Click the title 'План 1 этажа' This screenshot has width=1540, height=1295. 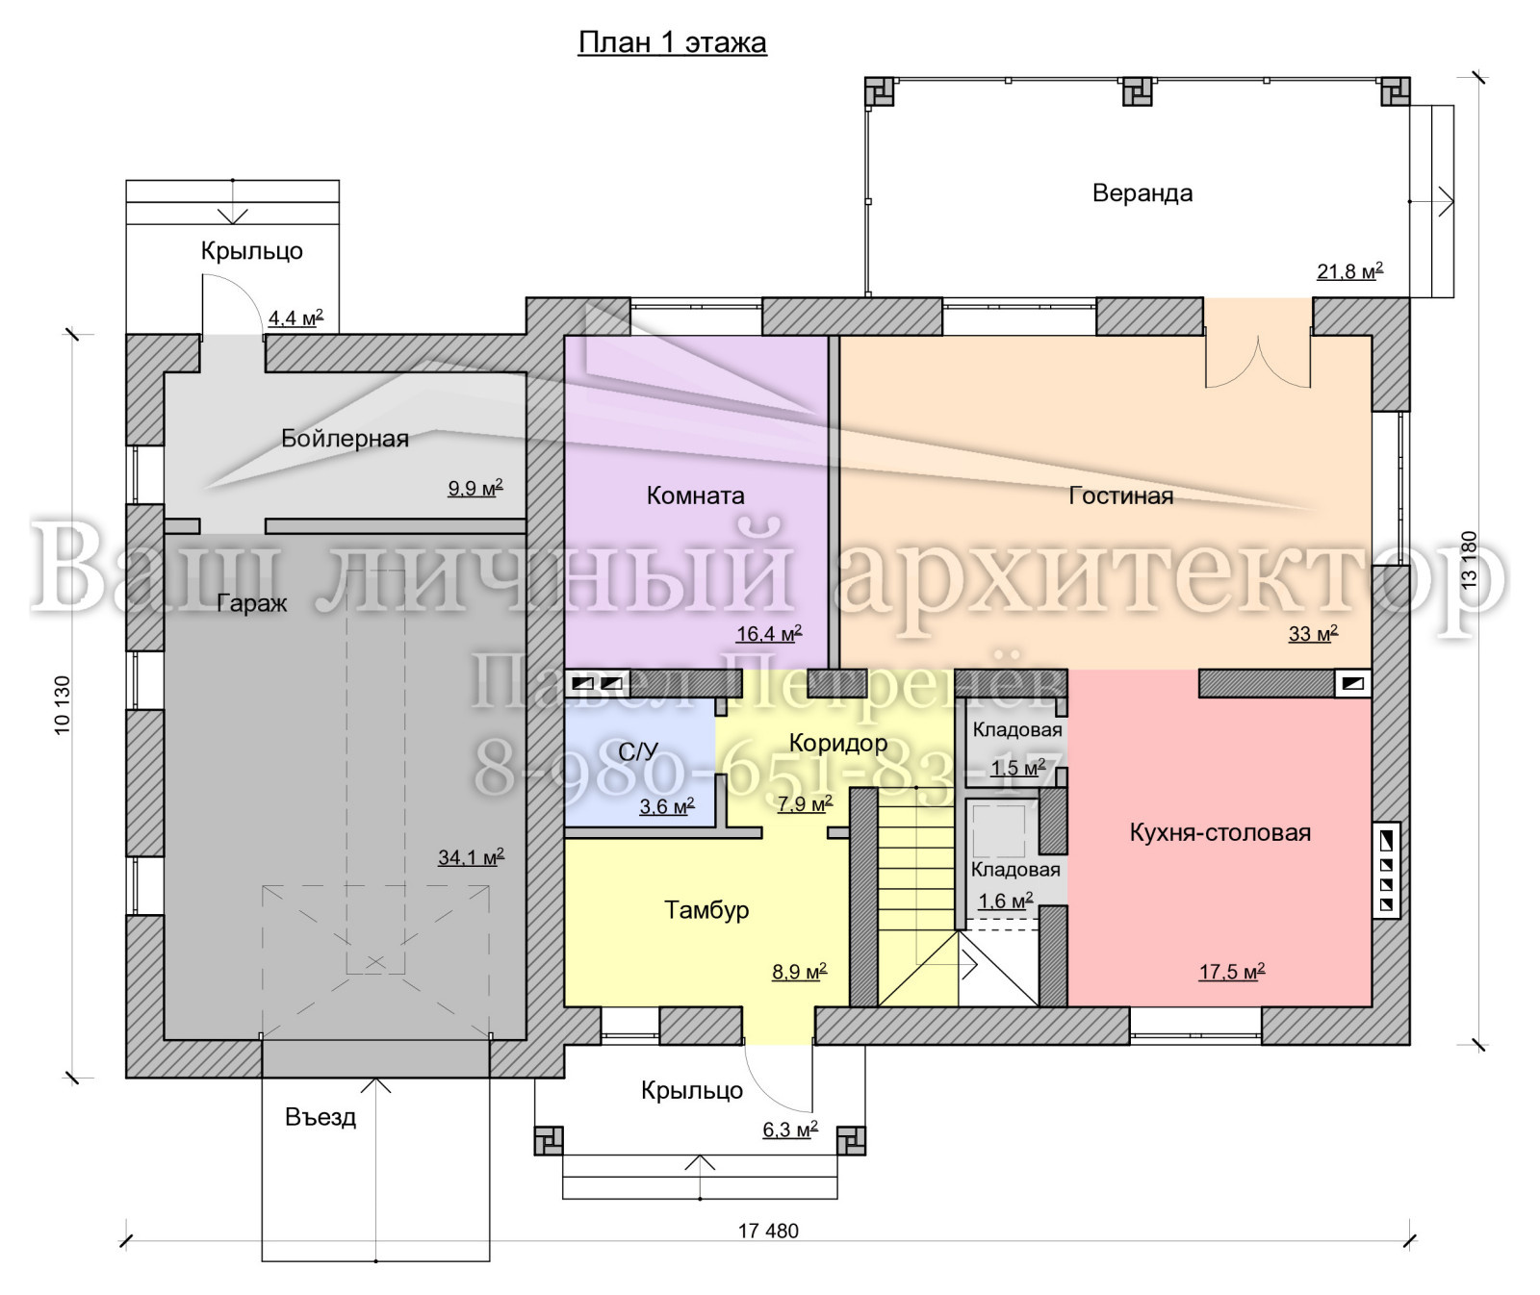(672, 43)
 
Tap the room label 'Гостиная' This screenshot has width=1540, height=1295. (1121, 495)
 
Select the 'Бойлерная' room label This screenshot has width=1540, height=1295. (345, 439)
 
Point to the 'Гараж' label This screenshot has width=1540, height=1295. (251, 603)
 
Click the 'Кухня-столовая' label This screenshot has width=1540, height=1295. (1220, 832)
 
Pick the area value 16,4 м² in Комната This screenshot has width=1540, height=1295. (769, 633)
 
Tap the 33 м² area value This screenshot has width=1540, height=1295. (1313, 633)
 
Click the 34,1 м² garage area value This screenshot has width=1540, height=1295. (471, 856)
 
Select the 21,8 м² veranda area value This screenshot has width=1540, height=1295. (1350, 270)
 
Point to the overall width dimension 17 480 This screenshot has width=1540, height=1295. (768, 1231)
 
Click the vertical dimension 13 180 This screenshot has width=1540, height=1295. (1469, 560)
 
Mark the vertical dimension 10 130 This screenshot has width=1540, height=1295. (63, 705)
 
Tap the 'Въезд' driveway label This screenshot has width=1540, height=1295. (321, 1117)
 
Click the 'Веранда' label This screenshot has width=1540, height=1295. (1142, 193)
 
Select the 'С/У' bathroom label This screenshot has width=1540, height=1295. (638, 751)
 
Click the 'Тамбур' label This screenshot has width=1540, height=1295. (706, 910)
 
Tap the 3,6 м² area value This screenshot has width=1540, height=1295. (667, 806)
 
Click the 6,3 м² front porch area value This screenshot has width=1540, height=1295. (790, 1129)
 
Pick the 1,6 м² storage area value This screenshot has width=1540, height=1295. (1006, 901)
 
